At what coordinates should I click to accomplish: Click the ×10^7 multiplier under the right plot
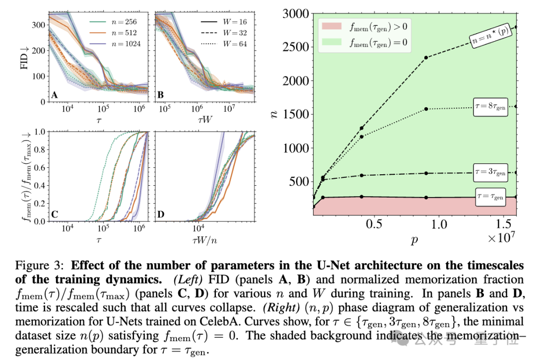coord(502,238)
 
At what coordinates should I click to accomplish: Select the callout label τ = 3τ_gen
coord(490,171)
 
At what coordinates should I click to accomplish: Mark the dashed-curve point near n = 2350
coord(426,58)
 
